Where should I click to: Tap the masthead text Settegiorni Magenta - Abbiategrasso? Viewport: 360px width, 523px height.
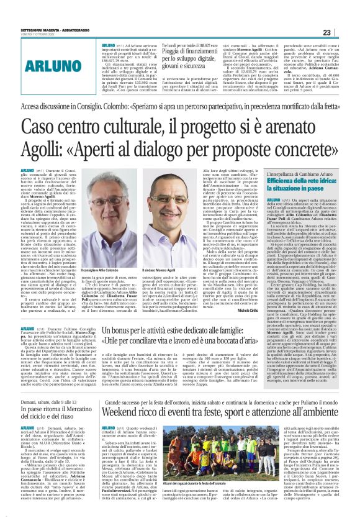[x=59, y=28]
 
